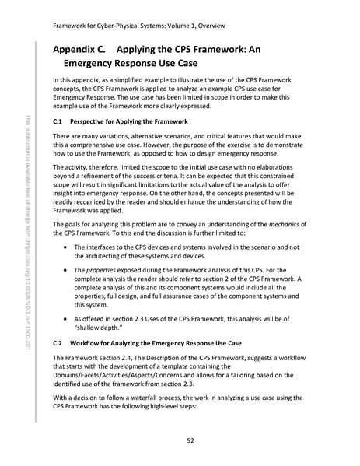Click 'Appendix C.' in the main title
point(79,48)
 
